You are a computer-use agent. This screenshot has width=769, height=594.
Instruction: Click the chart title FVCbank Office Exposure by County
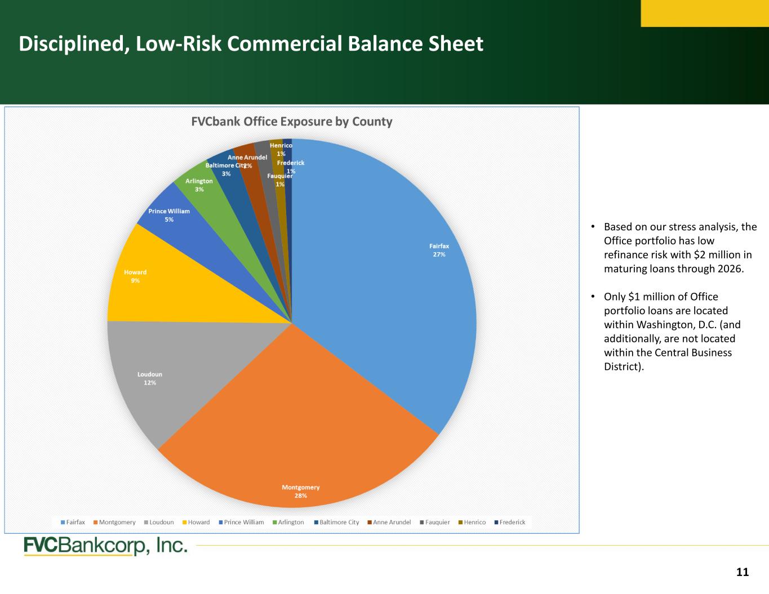[292, 122]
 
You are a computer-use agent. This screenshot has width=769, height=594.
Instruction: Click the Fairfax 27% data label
[439, 251]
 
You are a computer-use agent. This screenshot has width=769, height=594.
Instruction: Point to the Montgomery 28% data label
[300, 492]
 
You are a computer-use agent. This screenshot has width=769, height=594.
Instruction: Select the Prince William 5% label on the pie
[169, 215]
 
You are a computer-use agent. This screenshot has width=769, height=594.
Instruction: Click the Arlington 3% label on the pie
[199, 185]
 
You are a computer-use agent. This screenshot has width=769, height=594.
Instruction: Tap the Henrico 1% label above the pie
[281, 150]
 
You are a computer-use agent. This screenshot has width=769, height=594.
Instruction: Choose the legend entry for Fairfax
[73, 522]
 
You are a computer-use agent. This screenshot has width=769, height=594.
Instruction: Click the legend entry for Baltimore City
[336, 522]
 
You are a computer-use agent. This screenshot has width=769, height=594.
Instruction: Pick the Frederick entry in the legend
[510, 522]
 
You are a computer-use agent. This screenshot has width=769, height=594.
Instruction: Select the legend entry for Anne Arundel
[389, 522]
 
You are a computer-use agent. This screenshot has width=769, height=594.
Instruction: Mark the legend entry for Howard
[196, 522]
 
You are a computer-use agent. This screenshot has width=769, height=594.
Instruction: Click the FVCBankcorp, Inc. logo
[105, 546]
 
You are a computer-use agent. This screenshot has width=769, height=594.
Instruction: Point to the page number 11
[743, 572]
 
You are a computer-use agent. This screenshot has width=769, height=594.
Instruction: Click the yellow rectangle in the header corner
[705, 14]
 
